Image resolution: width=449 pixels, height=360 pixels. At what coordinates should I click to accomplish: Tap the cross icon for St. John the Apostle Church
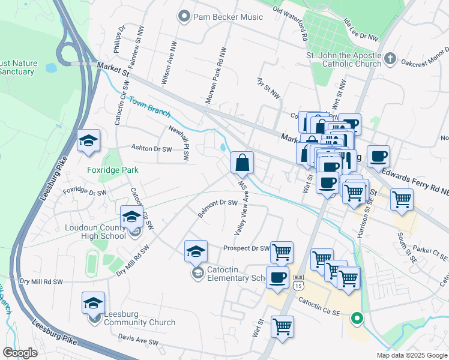[x=390, y=59]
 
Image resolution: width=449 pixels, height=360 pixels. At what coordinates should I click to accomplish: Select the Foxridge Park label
[x=112, y=170]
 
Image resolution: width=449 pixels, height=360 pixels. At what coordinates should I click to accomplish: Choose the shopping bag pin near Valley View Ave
[x=242, y=163]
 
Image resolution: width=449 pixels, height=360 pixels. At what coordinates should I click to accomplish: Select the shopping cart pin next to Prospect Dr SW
[x=282, y=253]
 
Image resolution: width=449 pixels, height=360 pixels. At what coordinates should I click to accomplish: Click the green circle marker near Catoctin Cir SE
[x=357, y=318]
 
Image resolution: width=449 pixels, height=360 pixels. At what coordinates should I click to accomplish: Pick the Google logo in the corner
[x=20, y=353]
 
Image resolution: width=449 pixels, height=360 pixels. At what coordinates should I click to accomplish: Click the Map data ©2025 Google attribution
[x=411, y=355]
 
